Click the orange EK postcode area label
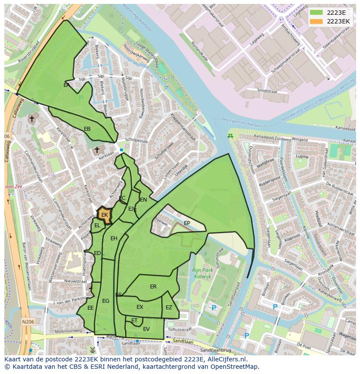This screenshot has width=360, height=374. tap(104, 215)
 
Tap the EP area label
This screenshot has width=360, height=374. tap(187, 223)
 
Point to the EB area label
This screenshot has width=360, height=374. tap(87, 129)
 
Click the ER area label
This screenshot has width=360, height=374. tap(153, 287)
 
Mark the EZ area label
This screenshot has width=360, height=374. tap(169, 308)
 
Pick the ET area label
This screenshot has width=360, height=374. tap(134, 321)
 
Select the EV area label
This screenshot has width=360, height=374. tap(146, 329)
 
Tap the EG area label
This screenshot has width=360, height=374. tap(106, 301)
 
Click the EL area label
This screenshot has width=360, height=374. tap(97, 225)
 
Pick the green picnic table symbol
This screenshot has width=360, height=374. tap(230, 136)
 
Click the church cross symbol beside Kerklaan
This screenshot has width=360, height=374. tap(97, 150)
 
